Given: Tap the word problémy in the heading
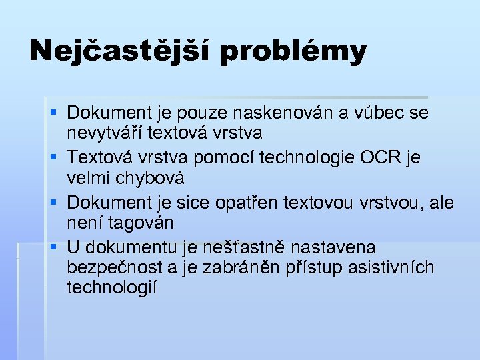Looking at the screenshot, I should tap(293, 52).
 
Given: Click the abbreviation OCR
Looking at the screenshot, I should tap(381, 157).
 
